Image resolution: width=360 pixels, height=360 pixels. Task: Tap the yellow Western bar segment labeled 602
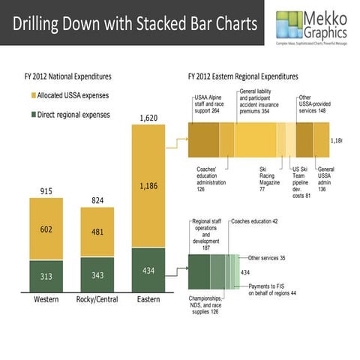click(46, 229)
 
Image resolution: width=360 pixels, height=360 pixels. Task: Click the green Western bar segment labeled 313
click(46, 276)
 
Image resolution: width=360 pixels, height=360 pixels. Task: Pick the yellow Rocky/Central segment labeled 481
click(97, 232)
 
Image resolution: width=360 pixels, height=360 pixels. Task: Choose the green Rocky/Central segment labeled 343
click(97, 274)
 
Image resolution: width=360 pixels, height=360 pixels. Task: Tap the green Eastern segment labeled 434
click(148, 270)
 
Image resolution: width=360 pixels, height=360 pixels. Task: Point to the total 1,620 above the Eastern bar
click(148, 117)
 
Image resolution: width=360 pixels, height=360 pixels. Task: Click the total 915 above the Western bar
click(46, 191)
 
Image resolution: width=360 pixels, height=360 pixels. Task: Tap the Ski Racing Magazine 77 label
click(268, 179)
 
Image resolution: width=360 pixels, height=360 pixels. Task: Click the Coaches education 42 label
click(254, 221)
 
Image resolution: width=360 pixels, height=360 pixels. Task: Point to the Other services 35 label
click(266, 257)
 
